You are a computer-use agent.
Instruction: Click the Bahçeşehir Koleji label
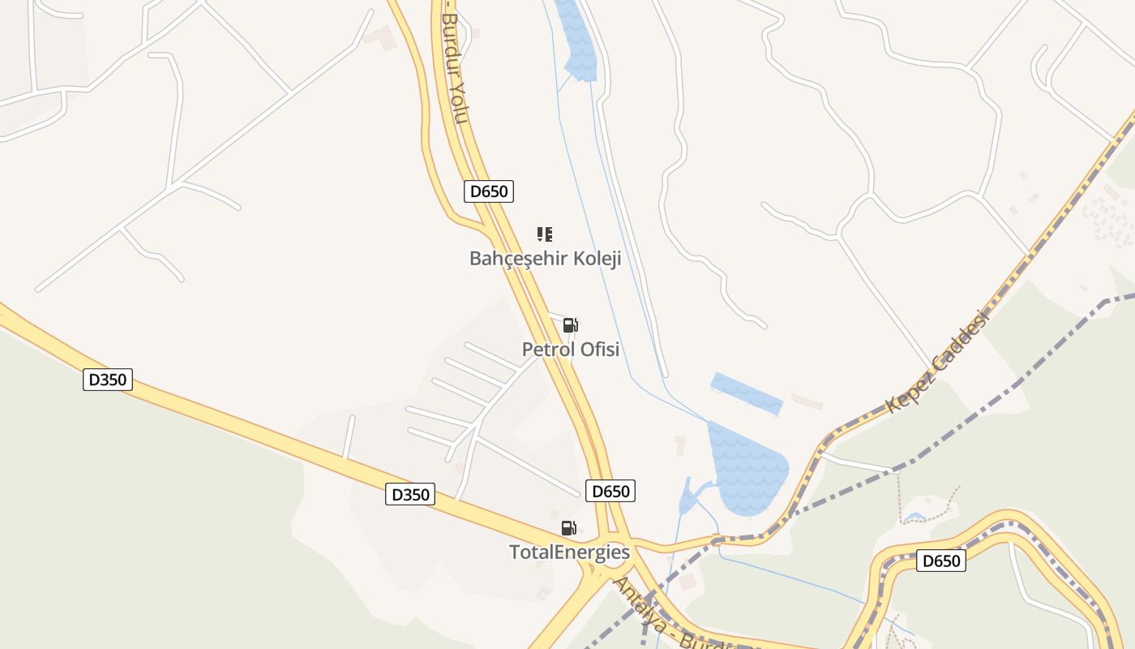coord(545,259)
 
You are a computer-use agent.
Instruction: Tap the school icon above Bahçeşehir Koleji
coord(545,234)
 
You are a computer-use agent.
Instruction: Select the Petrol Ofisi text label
coord(570,350)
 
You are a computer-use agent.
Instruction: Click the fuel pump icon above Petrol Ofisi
coord(570,325)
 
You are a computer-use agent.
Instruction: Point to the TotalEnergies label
coord(569,552)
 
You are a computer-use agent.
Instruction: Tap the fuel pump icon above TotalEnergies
coord(569,528)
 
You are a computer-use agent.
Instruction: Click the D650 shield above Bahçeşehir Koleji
coord(489,191)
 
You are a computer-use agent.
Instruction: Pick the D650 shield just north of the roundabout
coord(610,491)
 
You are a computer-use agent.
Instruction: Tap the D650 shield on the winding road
coord(940,561)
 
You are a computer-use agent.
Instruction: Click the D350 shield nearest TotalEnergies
coord(409,494)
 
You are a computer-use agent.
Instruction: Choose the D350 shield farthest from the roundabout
coord(107,380)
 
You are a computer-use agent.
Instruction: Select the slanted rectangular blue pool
coord(747,393)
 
